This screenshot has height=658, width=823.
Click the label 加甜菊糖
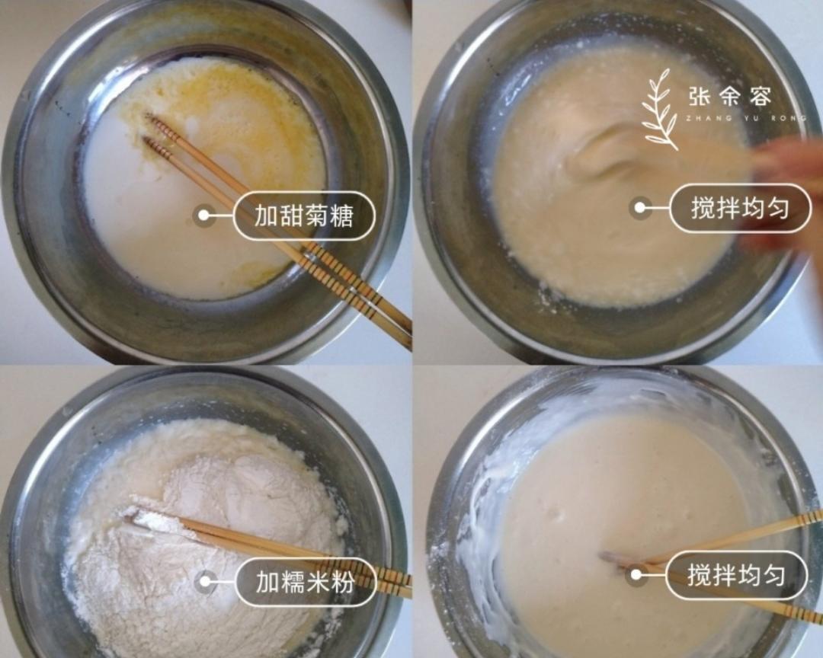(304, 216)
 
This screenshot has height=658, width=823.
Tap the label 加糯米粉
(306, 583)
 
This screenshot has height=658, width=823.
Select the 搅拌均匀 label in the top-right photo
(739, 208)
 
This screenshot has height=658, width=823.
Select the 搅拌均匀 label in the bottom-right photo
(736, 575)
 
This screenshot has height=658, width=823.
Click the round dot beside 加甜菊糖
(203, 216)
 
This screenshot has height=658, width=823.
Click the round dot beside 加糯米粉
(204, 583)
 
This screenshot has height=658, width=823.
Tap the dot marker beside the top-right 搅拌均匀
(640, 208)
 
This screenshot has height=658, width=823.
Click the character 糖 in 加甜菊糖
(341, 216)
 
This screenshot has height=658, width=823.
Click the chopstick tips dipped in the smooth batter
(613, 560)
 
